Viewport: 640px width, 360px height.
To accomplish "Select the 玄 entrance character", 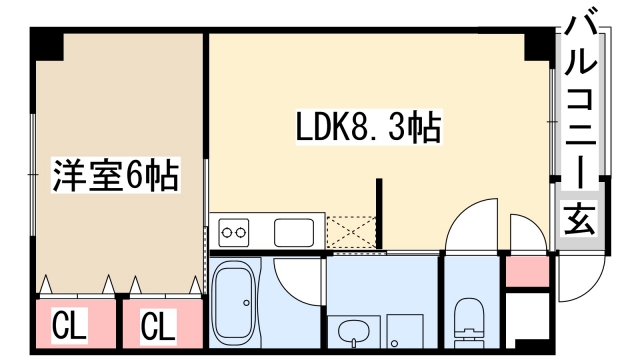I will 582,219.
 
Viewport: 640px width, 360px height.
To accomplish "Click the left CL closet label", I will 68,325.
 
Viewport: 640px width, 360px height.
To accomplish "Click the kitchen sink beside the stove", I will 295,232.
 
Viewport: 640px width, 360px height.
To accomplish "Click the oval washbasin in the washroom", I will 353,329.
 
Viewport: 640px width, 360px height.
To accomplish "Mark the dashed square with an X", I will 351,231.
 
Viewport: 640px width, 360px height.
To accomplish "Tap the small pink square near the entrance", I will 527,271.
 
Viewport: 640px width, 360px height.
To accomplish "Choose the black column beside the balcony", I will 541,45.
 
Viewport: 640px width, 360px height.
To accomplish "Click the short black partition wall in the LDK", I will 380,213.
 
